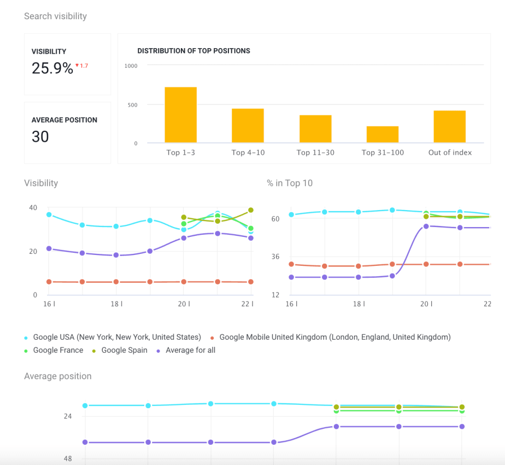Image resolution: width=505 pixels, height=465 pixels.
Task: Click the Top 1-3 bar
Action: [180, 115]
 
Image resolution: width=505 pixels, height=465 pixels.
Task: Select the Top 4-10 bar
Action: [248, 126]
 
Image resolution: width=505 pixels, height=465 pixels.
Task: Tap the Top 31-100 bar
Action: [383, 135]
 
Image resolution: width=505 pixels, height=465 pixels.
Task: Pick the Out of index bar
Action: [450, 126]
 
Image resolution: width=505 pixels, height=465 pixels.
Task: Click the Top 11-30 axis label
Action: [315, 153]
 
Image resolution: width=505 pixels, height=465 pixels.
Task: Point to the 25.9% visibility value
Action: [52, 68]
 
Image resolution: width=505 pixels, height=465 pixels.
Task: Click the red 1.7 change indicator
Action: [82, 66]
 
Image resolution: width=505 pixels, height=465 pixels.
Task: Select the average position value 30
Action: [40, 137]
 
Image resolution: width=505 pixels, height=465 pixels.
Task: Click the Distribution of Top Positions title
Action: [193, 51]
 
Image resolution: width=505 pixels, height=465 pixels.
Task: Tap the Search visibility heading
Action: [55, 16]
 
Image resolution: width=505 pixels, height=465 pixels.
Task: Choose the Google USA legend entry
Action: [116, 337]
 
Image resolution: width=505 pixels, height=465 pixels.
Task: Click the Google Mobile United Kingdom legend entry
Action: [334, 337]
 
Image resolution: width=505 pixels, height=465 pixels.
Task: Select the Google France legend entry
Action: [58, 350]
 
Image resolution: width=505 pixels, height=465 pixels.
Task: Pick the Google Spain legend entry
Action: [124, 350]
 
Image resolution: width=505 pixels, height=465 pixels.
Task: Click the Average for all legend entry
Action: [190, 350]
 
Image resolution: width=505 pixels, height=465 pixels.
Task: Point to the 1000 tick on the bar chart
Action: [131, 66]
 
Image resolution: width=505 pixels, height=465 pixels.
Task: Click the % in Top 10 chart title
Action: [290, 183]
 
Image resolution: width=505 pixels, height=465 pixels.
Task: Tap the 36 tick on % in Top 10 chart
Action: [275, 257]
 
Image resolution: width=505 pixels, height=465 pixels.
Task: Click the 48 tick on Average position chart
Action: [67, 459]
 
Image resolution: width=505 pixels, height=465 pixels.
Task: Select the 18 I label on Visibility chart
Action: [115, 304]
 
